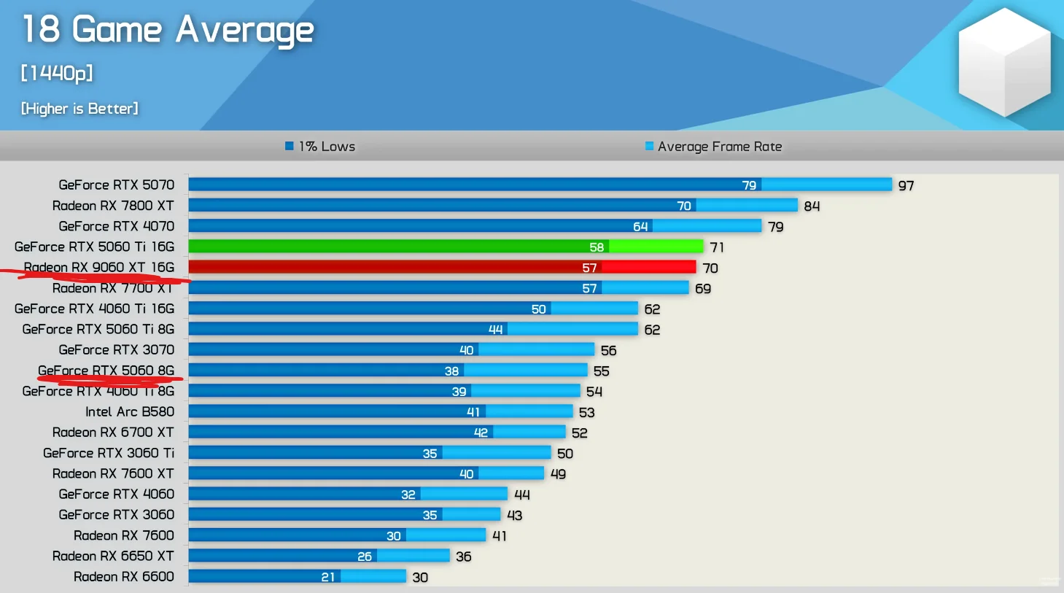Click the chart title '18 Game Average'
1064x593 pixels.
(x=168, y=30)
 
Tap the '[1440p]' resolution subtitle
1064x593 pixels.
(x=57, y=73)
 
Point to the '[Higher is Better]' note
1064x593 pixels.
(x=79, y=109)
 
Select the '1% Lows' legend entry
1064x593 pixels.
(x=320, y=147)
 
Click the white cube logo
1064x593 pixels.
(x=1004, y=62)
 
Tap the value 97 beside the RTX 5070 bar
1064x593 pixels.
(x=906, y=186)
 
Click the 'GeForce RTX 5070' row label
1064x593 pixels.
(x=116, y=185)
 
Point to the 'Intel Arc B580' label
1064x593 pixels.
(x=129, y=412)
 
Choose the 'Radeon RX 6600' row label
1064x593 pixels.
(x=123, y=577)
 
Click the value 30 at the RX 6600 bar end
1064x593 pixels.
(x=420, y=578)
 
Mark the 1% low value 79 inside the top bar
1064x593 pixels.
(x=749, y=185)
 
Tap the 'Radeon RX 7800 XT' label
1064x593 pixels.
(x=113, y=206)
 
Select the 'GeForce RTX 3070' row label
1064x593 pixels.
(x=116, y=350)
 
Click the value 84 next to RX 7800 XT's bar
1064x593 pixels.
(x=812, y=206)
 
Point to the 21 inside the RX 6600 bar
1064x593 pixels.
(x=328, y=577)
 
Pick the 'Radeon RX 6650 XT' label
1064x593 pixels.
(x=113, y=557)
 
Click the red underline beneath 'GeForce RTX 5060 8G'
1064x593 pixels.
(x=109, y=379)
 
